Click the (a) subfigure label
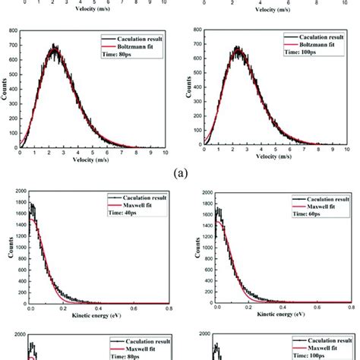[x=179, y=172]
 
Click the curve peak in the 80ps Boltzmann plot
[x=53, y=47]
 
